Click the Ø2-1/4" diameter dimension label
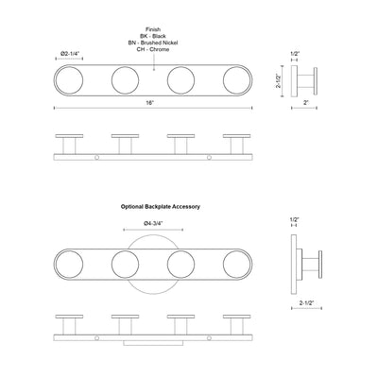coord(71,54)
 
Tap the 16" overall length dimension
coord(149,103)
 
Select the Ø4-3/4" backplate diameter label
coord(153,223)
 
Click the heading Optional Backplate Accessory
coord(161,207)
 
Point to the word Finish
coord(153,29)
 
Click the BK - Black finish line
coord(153,36)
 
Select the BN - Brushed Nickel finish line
coord(153,43)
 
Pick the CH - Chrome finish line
coord(153,49)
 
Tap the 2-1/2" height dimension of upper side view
coord(279,81)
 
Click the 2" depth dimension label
coord(304,103)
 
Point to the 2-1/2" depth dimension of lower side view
coord(306,303)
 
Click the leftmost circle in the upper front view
coord(69,80)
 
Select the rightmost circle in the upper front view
coord(237,80)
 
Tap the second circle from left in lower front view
coord(125,265)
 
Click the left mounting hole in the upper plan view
coord(97,157)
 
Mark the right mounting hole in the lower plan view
coord(209,338)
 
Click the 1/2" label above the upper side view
coord(294,54)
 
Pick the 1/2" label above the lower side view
coord(294,219)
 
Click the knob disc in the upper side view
coord(316,80)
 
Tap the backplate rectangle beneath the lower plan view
coord(153,343)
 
